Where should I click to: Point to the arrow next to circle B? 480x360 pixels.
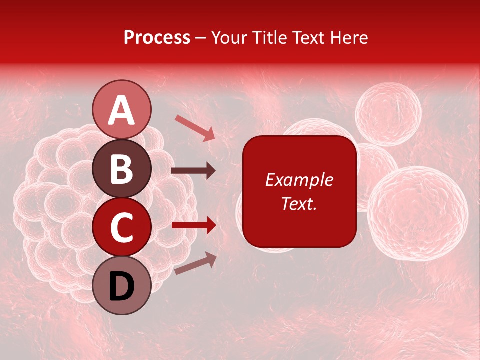click(x=193, y=171)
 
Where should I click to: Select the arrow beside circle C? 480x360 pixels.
click(x=193, y=225)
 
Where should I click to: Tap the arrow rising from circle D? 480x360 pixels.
click(x=195, y=264)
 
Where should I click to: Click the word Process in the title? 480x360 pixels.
click(x=157, y=37)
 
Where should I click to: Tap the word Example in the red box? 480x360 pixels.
click(x=299, y=180)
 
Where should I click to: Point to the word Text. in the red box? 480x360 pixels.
click(x=299, y=203)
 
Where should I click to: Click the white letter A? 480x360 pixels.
click(x=122, y=111)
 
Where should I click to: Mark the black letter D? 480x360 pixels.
click(x=122, y=287)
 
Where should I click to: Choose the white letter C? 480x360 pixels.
click(x=122, y=228)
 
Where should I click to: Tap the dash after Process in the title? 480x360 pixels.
click(x=201, y=38)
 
